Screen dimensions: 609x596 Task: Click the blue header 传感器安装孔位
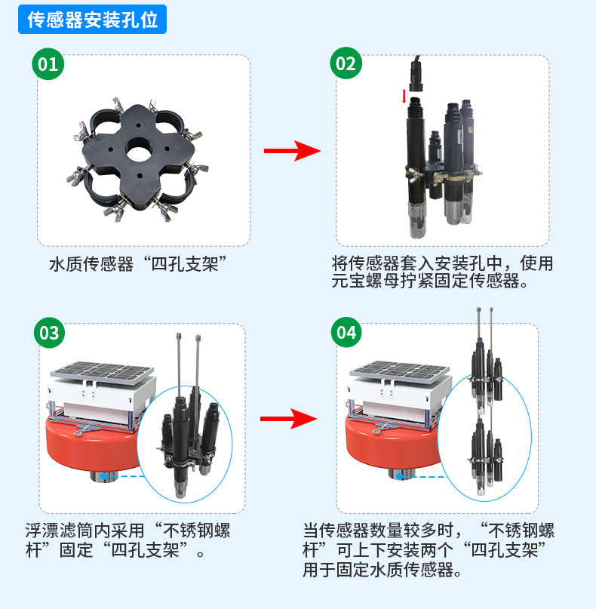tap(92, 20)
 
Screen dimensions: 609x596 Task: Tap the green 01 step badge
tap(48, 64)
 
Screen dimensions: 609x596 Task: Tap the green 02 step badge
tap(346, 64)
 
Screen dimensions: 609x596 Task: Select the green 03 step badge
tap(48, 333)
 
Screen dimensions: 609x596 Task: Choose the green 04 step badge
tap(346, 333)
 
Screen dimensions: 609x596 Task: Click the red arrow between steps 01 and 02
tap(291, 151)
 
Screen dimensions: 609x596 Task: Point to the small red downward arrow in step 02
tap(404, 96)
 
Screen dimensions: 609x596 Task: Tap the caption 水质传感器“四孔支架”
tap(138, 264)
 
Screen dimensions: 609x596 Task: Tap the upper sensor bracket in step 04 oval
tap(486, 373)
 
